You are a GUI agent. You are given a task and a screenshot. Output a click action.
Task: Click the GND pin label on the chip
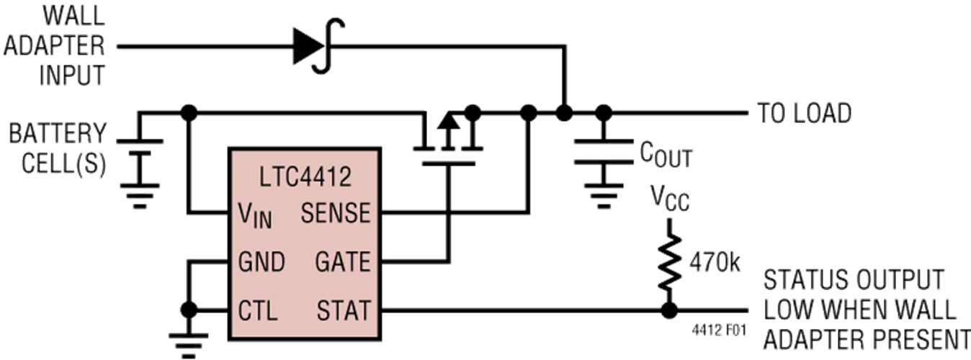(x=261, y=261)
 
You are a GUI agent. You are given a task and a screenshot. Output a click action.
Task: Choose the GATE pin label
(x=343, y=261)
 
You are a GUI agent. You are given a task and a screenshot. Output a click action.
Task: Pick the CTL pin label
(x=258, y=310)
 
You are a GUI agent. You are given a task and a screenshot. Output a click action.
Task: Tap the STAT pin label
(x=344, y=310)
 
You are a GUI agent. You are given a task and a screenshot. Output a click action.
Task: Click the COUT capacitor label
(x=665, y=153)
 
